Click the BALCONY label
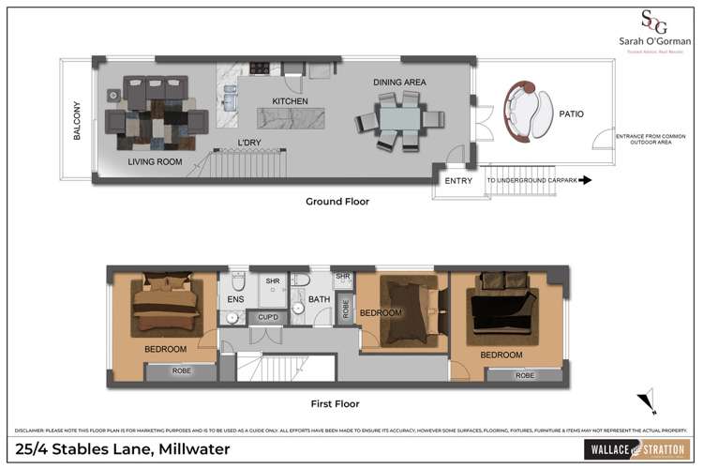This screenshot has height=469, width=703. point(79,122)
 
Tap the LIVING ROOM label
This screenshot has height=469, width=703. point(155,161)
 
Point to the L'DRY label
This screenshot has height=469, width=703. point(248,144)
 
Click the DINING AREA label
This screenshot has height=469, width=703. point(400,83)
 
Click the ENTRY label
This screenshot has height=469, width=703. point(458,181)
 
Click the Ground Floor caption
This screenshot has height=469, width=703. point(337,202)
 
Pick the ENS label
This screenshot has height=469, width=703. point(235,301)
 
